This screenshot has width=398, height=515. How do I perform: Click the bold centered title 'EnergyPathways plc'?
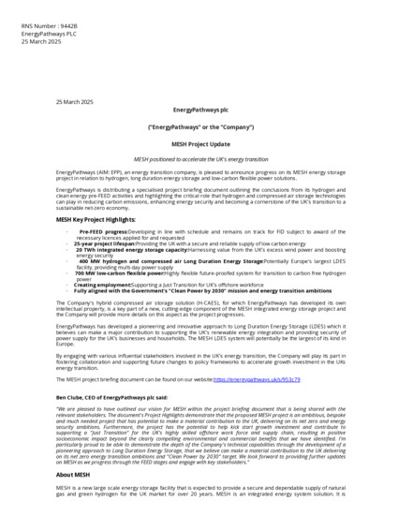pos(199,110)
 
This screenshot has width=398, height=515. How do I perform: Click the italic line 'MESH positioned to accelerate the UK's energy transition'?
pos(199,160)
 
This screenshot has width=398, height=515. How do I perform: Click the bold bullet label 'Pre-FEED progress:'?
pos(103,230)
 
